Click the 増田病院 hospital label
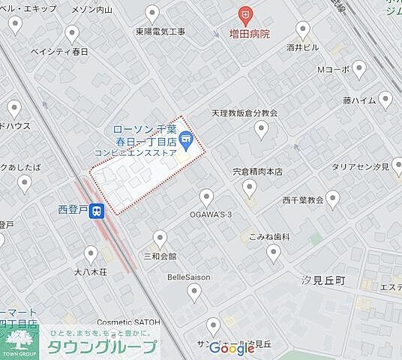coord(250,34)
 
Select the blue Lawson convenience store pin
coord(186,139)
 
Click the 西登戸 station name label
coord(72,211)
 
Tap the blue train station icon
coord(97,212)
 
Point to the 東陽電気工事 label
coord(160,32)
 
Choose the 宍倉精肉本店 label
coord(257,171)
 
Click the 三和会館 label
coord(160,256)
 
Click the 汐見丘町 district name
coord(322,279)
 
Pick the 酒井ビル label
coord(302,47)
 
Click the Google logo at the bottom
coord(232,348)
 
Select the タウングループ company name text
coord(103,346)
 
